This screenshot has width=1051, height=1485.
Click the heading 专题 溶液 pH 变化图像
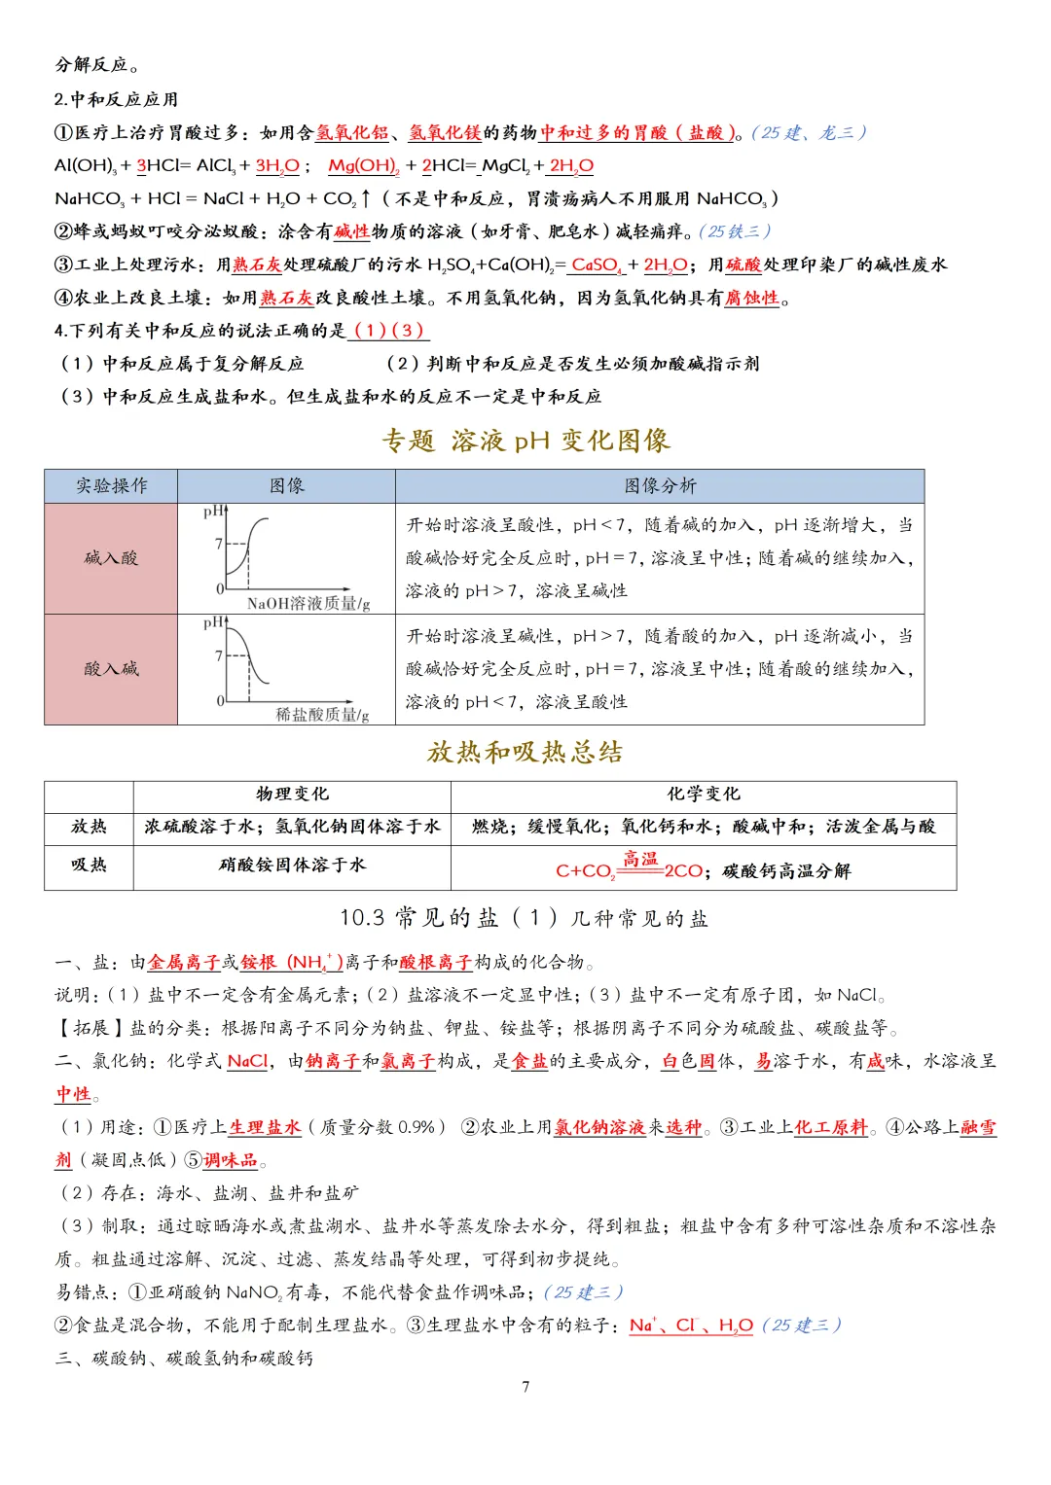click(x=525, y=441)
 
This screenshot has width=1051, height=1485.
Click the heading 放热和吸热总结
click(x=525, y=752)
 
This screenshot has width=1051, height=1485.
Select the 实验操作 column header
click(x=112, y=485)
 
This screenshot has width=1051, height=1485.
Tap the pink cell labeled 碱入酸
click(x=112, y=557)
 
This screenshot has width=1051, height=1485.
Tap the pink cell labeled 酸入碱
click(x=112, y=668)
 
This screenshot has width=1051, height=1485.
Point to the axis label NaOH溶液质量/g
click(x=308, y=603)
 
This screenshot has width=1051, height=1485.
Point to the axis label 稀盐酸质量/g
click(x=322, y=714)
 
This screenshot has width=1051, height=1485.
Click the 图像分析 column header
click(x=660, y=485)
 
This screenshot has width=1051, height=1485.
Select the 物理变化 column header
click(x=292, y=794)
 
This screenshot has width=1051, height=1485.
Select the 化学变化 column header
click(x=703, y=794)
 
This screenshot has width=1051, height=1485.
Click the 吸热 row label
click(x=89, y=865)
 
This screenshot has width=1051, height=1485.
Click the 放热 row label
click(x=89, y=826)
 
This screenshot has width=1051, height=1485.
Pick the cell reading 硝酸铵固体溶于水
click(x=292, y=865)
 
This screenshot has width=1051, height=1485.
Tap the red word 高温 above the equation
click(x=640, y=858)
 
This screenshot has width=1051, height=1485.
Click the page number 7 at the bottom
click(x=525, y=1386)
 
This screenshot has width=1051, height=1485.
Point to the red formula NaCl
click(x=247, y=1061)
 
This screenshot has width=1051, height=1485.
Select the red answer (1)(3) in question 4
click(x=388, y=330)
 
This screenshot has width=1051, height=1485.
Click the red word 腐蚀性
click(x=752, y=298)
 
